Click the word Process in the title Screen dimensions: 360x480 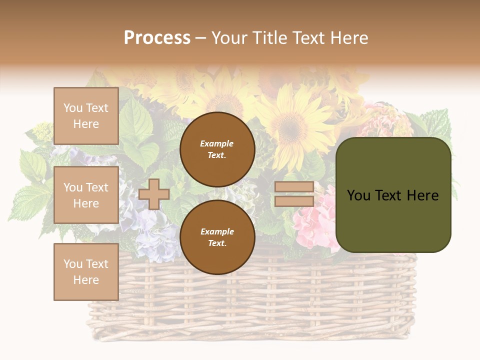[157, 38]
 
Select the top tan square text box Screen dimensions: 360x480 [86, 116]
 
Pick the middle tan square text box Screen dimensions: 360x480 [86, 195]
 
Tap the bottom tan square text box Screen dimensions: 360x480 [86, 271]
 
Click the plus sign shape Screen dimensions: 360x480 [154, 194]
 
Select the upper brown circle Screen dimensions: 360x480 [217, 149]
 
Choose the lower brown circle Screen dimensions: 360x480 [217, 237]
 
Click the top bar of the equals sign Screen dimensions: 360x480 [294, 187]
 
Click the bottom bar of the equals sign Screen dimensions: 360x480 [294, 201]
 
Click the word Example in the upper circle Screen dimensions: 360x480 [216, 144]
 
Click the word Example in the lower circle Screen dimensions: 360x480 [216, 231]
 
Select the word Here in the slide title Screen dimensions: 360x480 [348, 38]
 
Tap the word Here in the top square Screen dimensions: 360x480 [86, 124]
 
